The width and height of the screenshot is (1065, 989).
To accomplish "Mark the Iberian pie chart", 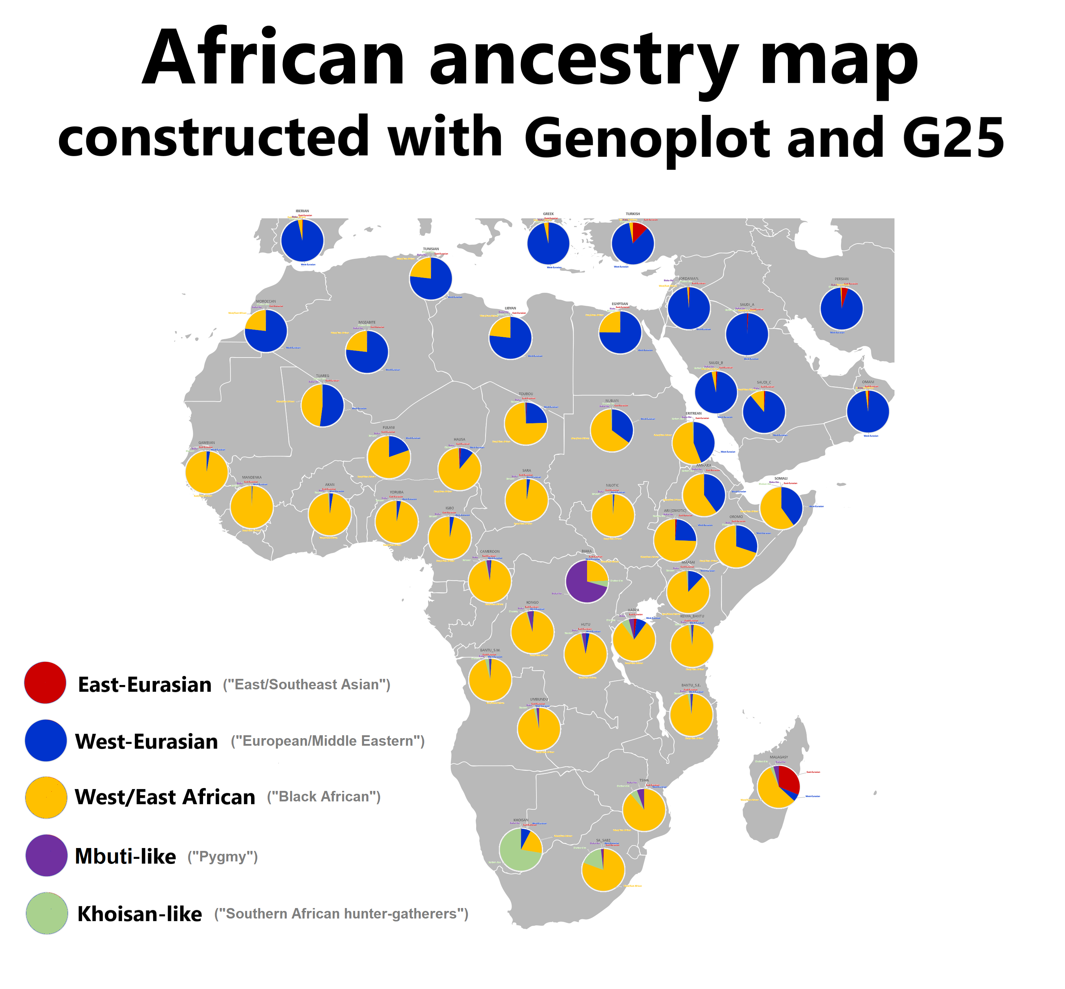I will tap(302, 241).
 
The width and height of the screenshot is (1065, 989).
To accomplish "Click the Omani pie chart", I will tap(868, 412).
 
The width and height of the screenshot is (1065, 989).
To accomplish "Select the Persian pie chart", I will tap(841, 309).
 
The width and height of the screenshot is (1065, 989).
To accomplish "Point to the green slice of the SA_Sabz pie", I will tap(594, 860).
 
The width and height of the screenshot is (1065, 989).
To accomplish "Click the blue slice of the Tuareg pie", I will tap(332, 405).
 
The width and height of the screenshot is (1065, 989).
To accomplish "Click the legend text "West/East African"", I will tap(165, 797).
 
